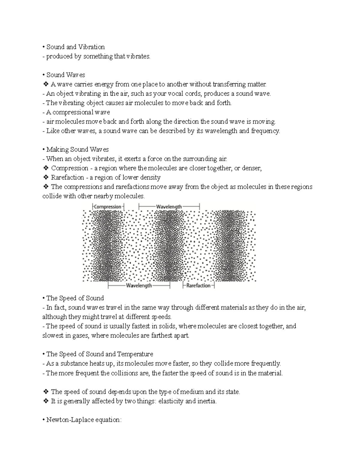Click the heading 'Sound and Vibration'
click(x=75, y=47)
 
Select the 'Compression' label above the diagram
click(x=107, y=206)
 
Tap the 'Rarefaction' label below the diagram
click(x=198, y=286)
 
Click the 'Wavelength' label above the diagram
click(x=169, y=206)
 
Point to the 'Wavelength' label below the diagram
click(x=139, y=286)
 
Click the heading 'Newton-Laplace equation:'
click(x=84, y=420)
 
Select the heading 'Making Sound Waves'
click(x=77, y=149)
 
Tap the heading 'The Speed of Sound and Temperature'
click(x=100, y=354)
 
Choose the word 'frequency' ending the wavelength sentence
click(x=265, y=131)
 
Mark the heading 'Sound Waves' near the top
click(x=66, y=75)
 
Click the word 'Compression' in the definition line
click(x=70, y=168)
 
